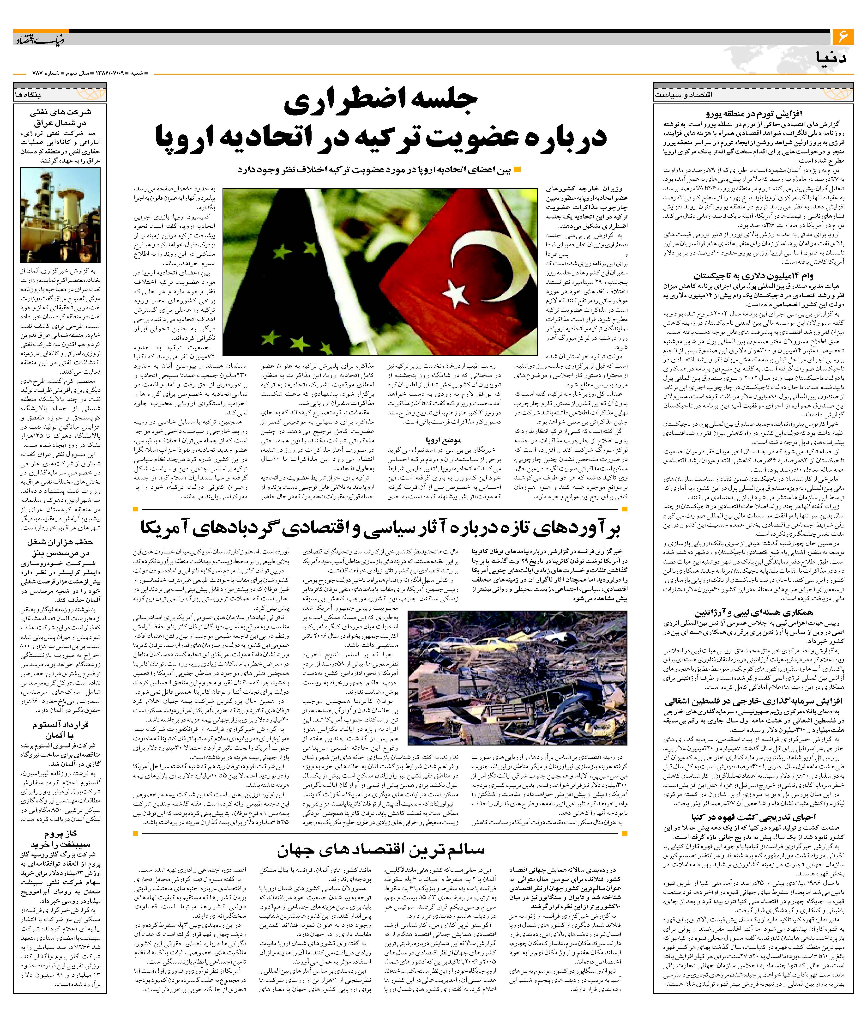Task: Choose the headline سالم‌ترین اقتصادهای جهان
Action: [381, 849]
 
